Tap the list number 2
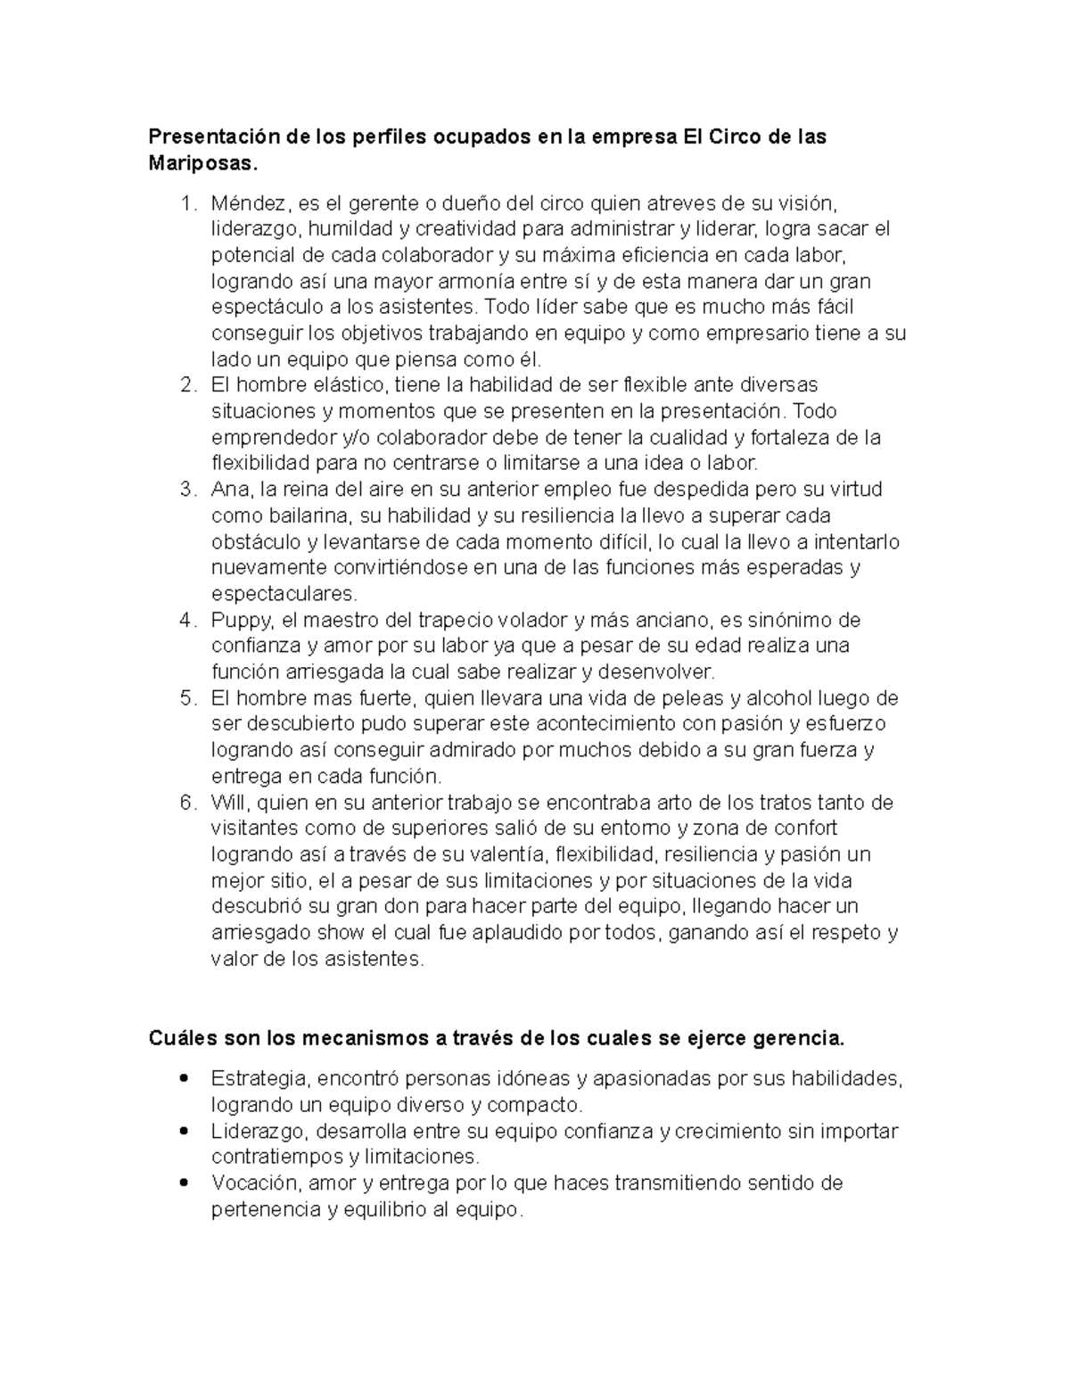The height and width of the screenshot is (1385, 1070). point(186,386)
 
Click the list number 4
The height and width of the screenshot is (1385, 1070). point(186,621)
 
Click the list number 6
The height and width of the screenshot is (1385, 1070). point(186,803)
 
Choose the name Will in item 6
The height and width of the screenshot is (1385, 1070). point(228,803)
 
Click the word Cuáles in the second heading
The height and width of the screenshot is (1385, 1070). point(180,1039)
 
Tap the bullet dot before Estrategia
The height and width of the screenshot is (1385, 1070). point(183,1078)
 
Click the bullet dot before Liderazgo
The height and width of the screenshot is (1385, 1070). point(183,1131)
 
